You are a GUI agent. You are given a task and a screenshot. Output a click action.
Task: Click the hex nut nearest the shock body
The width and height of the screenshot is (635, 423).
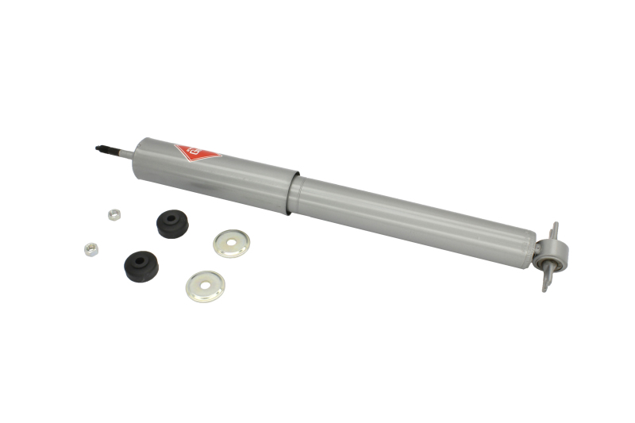(114, 213)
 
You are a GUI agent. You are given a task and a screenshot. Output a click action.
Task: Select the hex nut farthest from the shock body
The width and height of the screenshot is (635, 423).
(90, 248)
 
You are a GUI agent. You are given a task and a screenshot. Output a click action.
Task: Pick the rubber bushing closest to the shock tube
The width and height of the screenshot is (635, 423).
(172, 223)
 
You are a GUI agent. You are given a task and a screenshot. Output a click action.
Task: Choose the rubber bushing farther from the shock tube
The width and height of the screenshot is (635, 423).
(140, 264)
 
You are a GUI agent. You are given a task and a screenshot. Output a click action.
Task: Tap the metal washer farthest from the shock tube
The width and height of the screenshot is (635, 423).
(205, 286)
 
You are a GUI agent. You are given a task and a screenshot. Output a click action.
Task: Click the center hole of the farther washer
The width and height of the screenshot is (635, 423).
(205, 286)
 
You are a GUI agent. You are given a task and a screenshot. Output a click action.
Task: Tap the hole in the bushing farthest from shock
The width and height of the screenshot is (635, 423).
(140, 259)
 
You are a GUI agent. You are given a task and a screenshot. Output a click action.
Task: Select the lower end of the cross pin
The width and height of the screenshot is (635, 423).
(545, 285)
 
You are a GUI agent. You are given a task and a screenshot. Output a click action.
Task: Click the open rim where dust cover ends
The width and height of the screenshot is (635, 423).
(291, 192)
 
